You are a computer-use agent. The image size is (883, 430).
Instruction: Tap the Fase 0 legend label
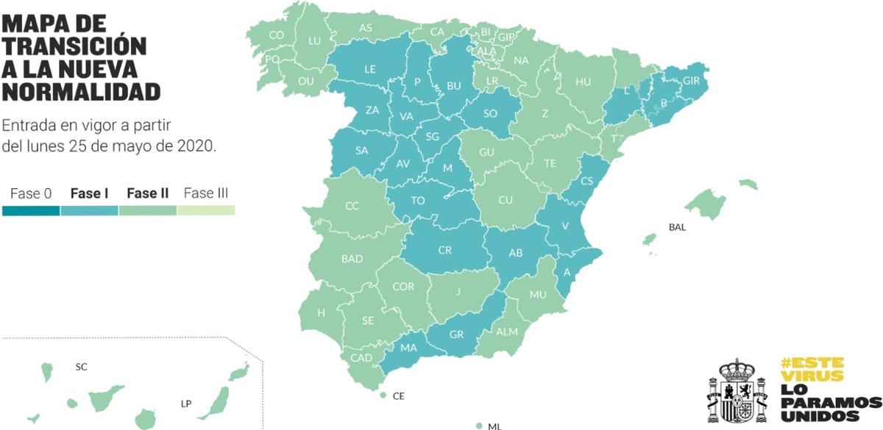(x=31, y=194)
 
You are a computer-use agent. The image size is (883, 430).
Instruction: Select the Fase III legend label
(x=205, y=194)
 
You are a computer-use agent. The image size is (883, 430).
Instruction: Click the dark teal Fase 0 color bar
(x=31, y=210)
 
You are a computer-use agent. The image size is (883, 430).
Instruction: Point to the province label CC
(x=352, y=207)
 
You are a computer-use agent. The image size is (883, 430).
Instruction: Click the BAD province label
(x=352, y=259)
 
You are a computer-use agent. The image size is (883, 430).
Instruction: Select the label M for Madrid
(x=447, y=168)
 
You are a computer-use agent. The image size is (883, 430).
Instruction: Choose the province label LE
(x=370, y=70)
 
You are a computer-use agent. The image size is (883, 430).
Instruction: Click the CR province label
(x=444, y=250)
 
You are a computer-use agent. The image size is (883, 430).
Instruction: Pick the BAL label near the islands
(x=677, y=227)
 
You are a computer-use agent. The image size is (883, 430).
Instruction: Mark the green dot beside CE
(x=383, y=395)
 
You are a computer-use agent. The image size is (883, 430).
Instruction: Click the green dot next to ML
(x=479, y=425)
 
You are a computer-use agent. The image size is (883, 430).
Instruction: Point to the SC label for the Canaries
(x=81, y=366)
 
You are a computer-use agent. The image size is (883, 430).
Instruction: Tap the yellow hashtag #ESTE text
(x=812, y=363)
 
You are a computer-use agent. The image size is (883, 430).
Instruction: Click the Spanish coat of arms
(x=738, y=391)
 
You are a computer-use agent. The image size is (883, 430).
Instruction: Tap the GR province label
(x=456, y=334)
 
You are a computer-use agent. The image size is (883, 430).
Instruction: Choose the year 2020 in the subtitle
(x=195, y=146)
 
